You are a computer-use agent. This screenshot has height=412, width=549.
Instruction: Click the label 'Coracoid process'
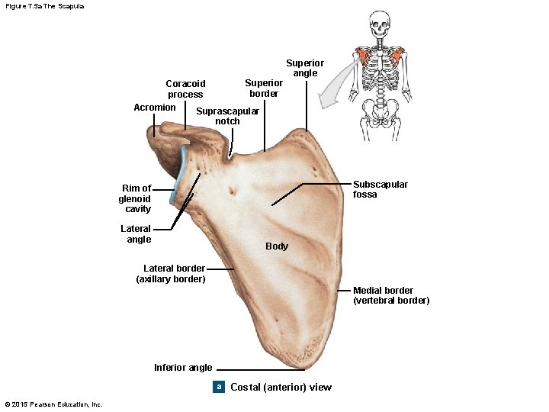185,89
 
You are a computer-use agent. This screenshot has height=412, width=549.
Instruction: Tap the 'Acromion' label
155,108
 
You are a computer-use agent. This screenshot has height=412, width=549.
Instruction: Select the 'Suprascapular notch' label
227,116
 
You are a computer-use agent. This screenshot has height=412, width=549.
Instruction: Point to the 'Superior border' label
264,88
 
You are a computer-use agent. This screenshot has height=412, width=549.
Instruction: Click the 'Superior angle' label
305,68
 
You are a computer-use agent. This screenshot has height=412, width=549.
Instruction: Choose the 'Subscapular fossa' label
380,189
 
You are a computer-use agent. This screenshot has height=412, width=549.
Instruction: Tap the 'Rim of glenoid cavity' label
135,198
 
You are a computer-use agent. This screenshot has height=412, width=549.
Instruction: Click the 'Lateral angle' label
136,233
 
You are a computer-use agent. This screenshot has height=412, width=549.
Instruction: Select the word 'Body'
277,246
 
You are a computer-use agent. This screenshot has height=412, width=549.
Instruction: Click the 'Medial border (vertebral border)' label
390,295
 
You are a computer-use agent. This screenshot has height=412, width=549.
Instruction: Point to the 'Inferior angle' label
183,368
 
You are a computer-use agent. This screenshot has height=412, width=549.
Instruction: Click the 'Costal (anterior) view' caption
281,388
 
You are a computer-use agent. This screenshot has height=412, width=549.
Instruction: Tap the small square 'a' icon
219,387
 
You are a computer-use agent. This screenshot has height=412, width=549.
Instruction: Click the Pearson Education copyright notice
53,404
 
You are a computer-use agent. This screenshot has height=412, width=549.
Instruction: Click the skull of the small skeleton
379,26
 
